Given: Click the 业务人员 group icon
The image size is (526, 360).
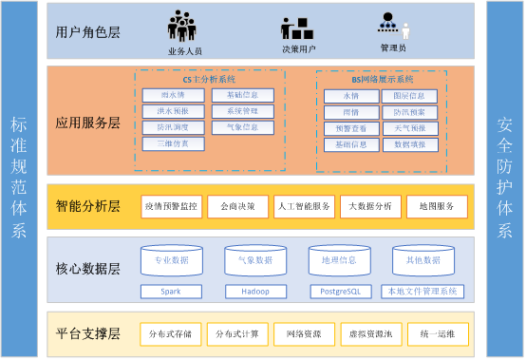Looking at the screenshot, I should click(x=184, y=25).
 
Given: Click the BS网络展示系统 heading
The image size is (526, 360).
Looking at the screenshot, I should click(x=376, y=80).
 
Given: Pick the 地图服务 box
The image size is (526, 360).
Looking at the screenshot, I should click(x=437, y=206).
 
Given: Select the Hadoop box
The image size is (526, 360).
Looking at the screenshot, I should click(x=254, y=291).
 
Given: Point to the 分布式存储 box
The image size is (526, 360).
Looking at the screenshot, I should click(x=171, y=333).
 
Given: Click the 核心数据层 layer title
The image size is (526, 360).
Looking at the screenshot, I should click(x=88, y=269).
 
